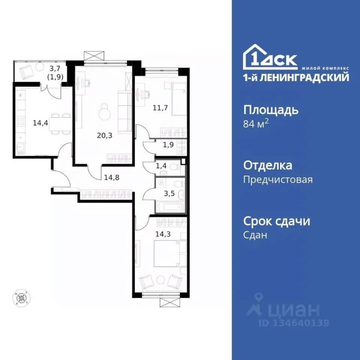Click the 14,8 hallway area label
click(x=112, y=177)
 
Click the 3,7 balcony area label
click(x=55, y=68)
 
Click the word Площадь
click(x=271, y=110)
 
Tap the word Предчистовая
click(x=278, y=180)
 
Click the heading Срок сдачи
click(x=277, y=221)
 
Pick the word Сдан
click(x=255, y=235)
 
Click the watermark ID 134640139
click(x=294, y=322)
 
